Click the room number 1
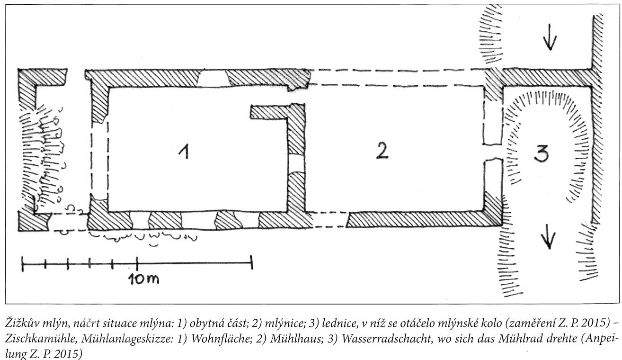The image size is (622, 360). click(x=185, y=152)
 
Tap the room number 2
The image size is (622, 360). click(x=382, y=151)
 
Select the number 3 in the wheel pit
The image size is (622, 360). click(x=542, y=154)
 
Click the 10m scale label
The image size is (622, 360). click(x=144, y=279)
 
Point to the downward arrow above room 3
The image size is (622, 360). click(x=550, y=37)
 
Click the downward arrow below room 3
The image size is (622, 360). click(x=549, y=237)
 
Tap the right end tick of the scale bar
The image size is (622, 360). click(x=252, y=262)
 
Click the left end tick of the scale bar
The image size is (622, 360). click(x=23, y=264)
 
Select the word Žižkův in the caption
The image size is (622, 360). click(x=22, y=324)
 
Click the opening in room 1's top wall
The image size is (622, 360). click(x=213, y=78)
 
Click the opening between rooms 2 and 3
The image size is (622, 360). click(x=493, y=152)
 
